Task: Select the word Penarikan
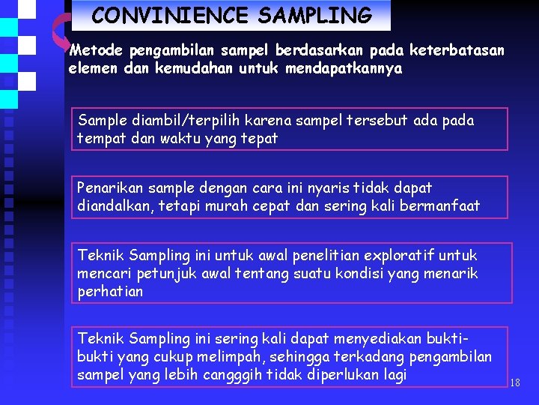click(109, 188)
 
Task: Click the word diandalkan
click(114, 206)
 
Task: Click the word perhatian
click(109, 292)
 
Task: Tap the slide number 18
click(514, 383)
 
